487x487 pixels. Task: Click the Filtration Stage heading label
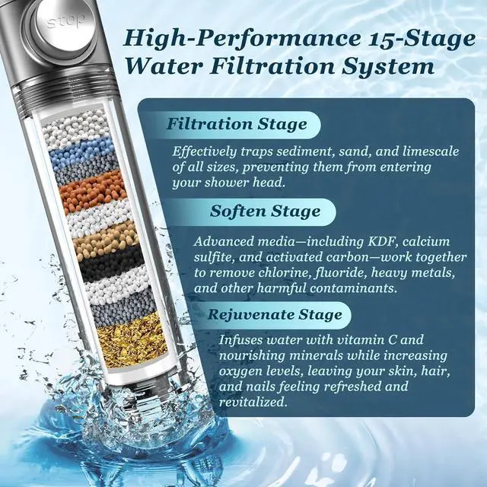tap(237, 124)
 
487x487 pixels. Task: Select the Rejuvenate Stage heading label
tap(276, 314)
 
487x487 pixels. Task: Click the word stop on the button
tap(66, 21)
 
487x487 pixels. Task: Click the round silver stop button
tap(67, 22)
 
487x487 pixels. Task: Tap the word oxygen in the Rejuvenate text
tap(243, 371)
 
